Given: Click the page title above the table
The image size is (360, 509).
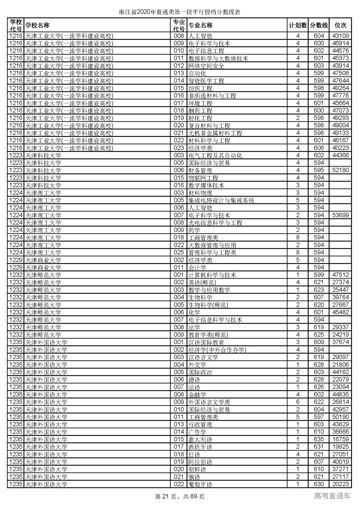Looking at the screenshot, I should click(180, 12).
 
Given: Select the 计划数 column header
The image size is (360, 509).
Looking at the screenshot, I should click(298, 25).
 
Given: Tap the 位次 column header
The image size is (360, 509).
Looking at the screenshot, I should click(340, 25).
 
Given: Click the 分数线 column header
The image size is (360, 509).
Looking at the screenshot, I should click(319, 25).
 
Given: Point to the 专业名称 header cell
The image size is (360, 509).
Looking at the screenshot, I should click(200, 25).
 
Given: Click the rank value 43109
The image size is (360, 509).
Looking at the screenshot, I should click(340, 36).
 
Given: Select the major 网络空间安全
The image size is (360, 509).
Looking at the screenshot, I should click(206, 66).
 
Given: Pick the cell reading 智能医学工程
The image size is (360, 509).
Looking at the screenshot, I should click(206, 81).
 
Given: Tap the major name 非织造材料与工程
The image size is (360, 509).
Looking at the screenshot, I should click(212, 96).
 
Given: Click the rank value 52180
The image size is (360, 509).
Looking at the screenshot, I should click(340, 170).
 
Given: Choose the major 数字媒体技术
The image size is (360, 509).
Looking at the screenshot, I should click(206, 185).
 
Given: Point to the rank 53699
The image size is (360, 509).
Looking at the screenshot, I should click(340, 215).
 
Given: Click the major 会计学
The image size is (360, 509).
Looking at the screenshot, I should click(197, 267).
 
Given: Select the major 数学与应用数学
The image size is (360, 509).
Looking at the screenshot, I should click(209, 290).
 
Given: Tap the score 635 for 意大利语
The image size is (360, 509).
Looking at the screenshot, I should click(319, 439).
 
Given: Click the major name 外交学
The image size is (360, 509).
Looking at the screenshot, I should click(197, 365).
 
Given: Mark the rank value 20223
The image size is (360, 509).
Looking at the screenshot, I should click(340, 484).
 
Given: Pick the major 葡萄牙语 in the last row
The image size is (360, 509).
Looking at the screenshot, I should click(200, 484).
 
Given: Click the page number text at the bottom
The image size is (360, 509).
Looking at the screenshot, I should click(180, 497).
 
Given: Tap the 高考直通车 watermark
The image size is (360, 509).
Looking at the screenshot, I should click(332, 496).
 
